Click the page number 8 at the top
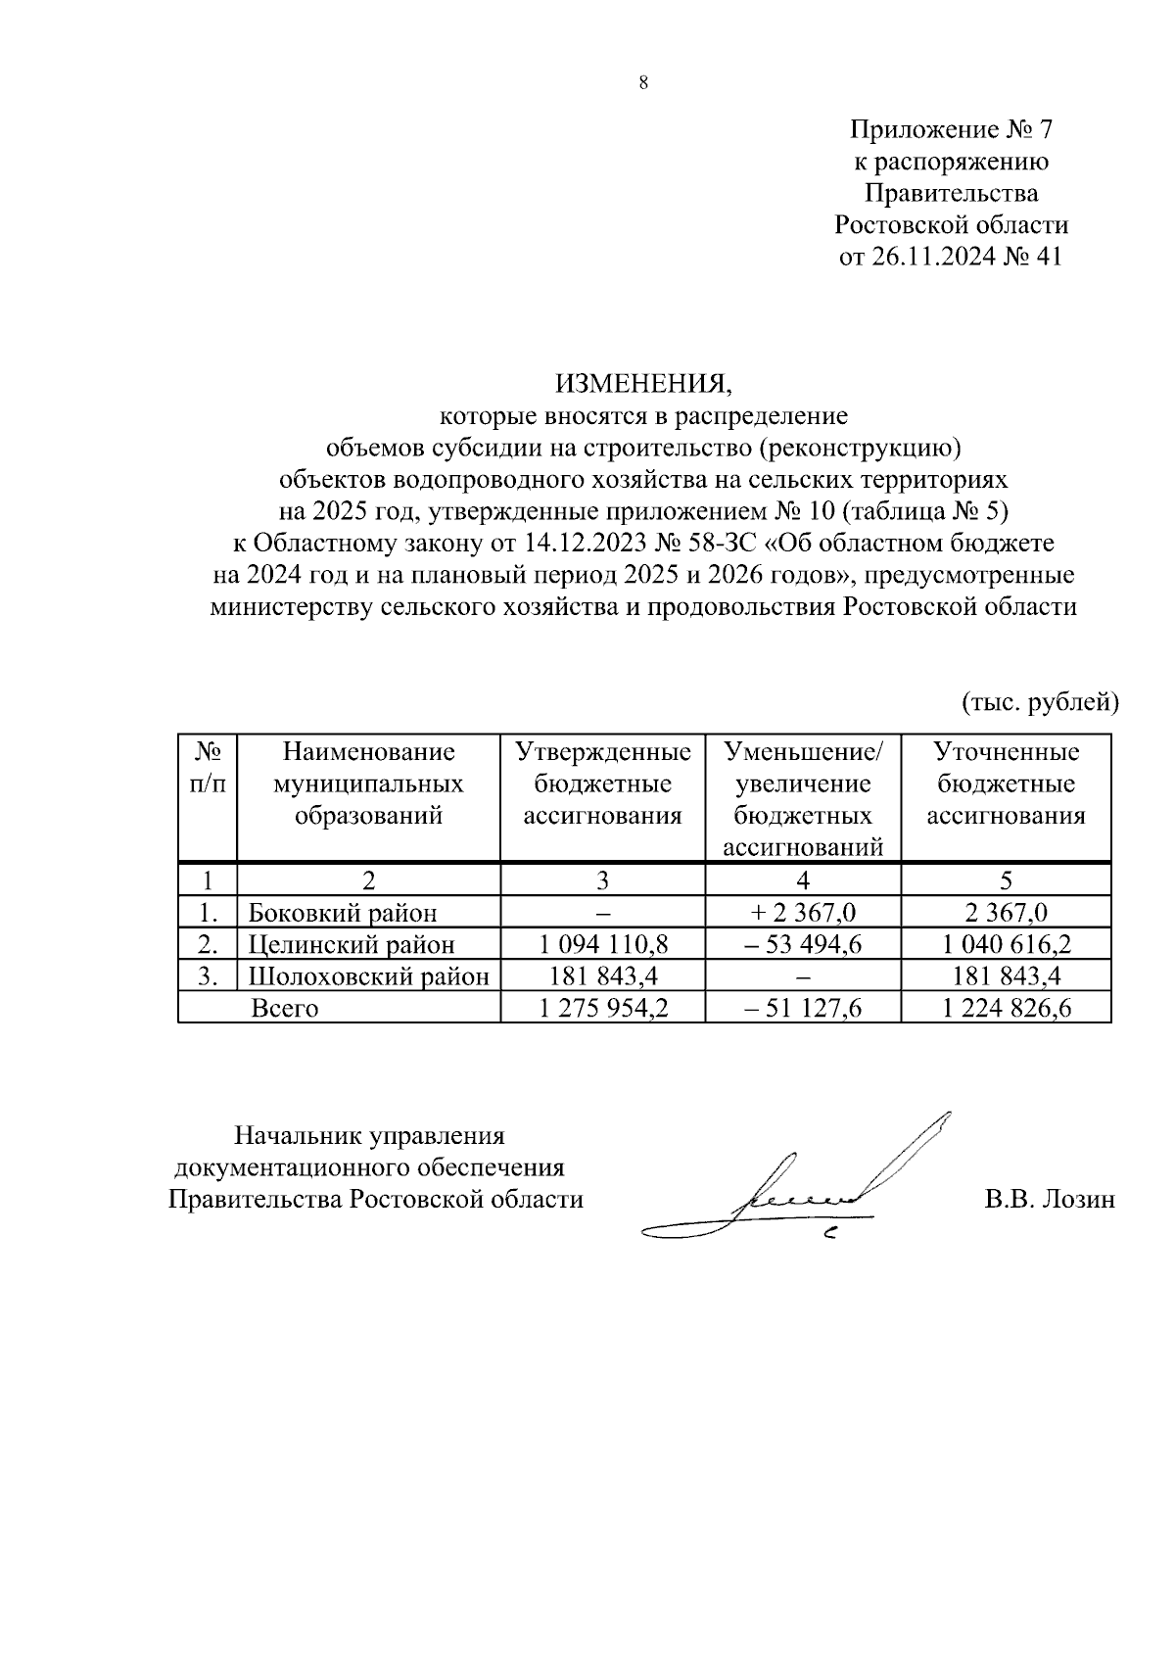[x=643, y=84]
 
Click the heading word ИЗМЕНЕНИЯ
[x=643, y=382]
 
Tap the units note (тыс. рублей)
[x=1038, y=701]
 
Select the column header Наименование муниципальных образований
[x=368, y=784]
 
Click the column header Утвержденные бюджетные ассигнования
[x=602, y=784]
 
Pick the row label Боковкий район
[x=343, y=913]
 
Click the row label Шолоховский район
[x=368, y=976]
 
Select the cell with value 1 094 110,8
[x=603, y=945]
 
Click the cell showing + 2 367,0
[x=803, y=913]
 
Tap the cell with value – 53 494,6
[x=803, y=945]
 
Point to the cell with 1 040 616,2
[x=1007, y=945]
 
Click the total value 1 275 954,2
[x=603, y=1008]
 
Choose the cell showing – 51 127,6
[x=803, y=1008]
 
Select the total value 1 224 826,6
[x=1007, y=1008]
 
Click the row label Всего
[x=285, y=1008]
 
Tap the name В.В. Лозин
[x=1050, y=1199]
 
